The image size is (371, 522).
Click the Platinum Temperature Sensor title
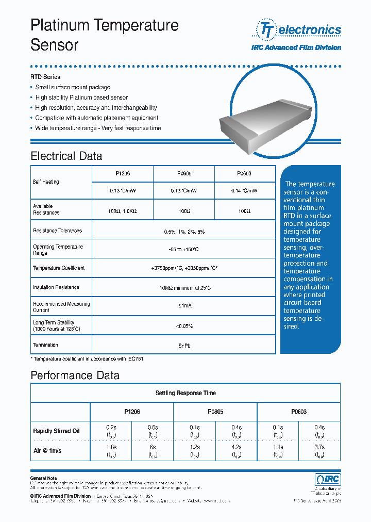(105, 35)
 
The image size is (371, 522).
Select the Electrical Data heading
(66, 156)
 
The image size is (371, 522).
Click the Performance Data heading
(75, 375)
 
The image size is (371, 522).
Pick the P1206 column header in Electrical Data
(123, 174)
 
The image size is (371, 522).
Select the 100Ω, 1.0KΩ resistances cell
(123, 211)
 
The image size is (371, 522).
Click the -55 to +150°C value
(184, 250)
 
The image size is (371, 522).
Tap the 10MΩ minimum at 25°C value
(184, 287)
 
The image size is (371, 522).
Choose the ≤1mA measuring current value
(184, 306)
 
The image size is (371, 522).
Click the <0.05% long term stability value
(184, 326)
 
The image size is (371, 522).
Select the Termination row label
(45, 345)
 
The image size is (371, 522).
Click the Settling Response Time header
(185, 393)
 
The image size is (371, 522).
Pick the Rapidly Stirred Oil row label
(56, 431)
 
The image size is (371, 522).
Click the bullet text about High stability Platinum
(81, 97)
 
